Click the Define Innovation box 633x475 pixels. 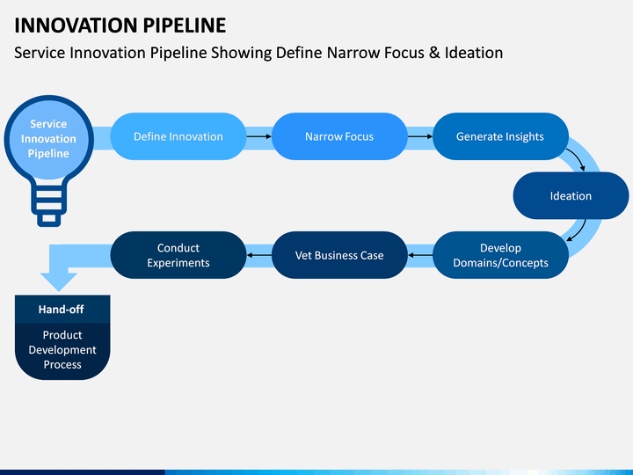click(x=178, y=136)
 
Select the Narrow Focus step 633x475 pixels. click(x=339, y=136)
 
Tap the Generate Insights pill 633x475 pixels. click(x=500, y=136)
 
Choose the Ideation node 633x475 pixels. click(x=571, y=196)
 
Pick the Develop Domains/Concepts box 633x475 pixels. click(x=500, y=255)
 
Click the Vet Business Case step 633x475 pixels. click(x=339, y=255)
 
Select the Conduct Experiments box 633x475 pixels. click(x=178, y=255)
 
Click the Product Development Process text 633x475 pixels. click(x=62, y=350)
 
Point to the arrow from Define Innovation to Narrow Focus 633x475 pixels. click(x=258, y=136)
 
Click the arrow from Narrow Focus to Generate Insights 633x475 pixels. click(x=420, y=136)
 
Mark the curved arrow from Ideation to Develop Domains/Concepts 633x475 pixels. click(x=578, y=232)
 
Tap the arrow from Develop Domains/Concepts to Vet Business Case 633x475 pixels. click(x=420, y=255)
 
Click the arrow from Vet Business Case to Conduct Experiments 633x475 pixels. click(x=258, y=255)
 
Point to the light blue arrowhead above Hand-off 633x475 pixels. click(x=59, y=281)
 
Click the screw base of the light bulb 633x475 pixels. click(x=49, y=205)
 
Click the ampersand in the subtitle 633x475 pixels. click(x=434, y=53)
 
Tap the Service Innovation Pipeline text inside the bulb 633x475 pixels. click(x=48, y=139)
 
